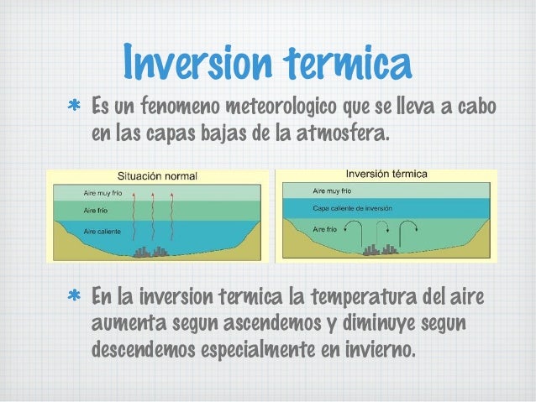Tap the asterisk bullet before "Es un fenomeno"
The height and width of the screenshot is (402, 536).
(74, 108)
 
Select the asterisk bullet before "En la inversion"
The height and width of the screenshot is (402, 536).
(74, 298)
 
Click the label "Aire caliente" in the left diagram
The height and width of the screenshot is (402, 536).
(101, 230)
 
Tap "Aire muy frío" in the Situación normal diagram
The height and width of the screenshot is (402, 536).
(102, 192)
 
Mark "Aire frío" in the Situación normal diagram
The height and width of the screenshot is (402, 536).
(94, 210)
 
